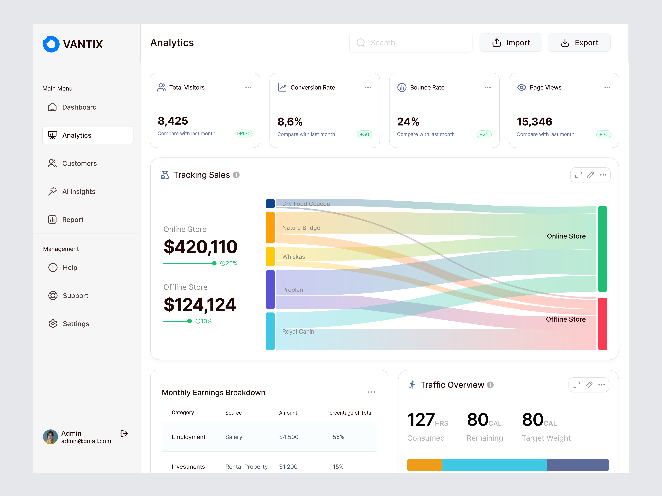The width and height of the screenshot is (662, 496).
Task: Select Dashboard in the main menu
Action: (79, 107)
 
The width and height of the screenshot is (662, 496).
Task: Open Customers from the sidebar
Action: (79, 164)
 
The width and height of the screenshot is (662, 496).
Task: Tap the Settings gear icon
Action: (53, 324)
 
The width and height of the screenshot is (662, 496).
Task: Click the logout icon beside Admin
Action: (124, 433)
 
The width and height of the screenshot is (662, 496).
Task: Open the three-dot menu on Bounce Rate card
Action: (488, 88)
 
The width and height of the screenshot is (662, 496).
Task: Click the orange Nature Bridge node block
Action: (270, 227)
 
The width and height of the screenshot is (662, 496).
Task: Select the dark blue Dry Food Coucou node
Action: (270, 204)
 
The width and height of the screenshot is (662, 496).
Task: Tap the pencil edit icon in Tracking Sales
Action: (590, 175)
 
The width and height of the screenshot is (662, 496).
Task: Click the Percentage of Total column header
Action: (349, 413)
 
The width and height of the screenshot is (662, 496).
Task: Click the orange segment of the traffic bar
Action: (424, 465)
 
